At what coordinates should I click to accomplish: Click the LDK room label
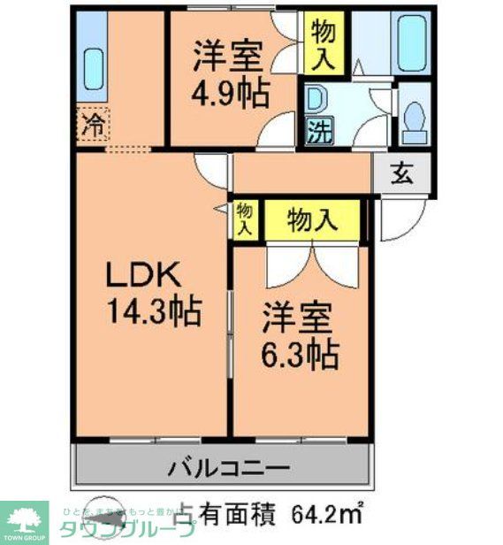coord(145,278)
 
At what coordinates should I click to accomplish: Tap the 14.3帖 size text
coord(151,311)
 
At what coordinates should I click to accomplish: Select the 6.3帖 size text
coord(298,354)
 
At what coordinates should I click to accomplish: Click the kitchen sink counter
coord(92,65)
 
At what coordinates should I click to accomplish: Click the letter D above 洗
coord(316,98)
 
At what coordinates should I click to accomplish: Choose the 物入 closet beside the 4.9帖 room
coord(324,43)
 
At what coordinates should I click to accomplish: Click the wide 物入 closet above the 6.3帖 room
coord(314,220)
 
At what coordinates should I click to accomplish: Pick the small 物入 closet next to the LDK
coord(245,218)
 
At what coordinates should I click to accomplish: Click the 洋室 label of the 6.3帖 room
coord(298,318)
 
